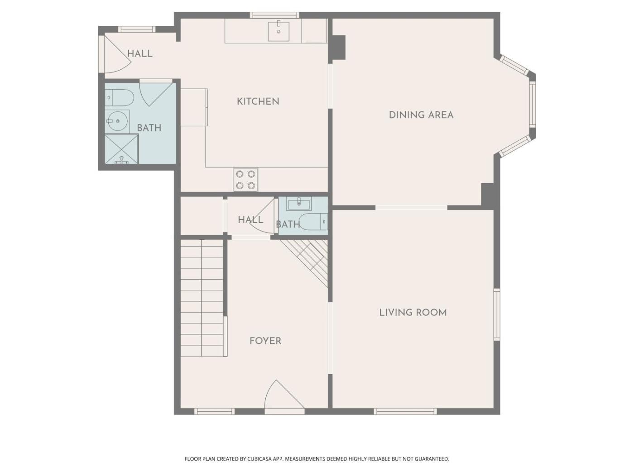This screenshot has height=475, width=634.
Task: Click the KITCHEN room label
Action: pyautogui.click(x=258, y=101)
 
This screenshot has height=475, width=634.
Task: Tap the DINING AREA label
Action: pyautogui.click(x=421, y=115)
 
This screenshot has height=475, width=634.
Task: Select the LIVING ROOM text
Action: pyautogui.click(x=413, y=313)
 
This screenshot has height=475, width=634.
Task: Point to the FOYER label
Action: pyautogui.click(x=265, y=341)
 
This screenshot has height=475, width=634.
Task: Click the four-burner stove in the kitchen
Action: pyautogui.click(x=245, y=180)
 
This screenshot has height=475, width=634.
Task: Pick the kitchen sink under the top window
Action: pyautogui.click(x=279, y=31)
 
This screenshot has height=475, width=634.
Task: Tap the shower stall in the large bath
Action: pyautogui.click(x=122, y=149)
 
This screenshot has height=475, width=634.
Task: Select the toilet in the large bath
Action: pyautogui.click(x=119, y=97)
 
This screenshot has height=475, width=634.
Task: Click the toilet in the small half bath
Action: pyautogui.click(x=313, y=222)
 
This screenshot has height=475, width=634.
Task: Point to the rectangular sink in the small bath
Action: pyautogui.click(x=299, y=204)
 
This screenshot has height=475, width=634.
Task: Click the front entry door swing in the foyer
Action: pyautogui.click(x=284, y=394)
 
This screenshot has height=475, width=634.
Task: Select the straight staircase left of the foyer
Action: pyautogui.click(x=202, y=298)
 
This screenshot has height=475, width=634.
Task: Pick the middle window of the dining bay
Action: pyautogui.click(x=532, y=104)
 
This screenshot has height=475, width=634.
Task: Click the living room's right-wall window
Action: pyautogui.click(x=496, y=314)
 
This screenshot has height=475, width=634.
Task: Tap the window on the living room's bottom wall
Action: pyautogui.click(x=405, y=412)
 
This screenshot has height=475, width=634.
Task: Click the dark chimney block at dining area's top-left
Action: pyautogui.click(x=338, y=47)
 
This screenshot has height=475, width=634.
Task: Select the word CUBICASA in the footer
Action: pyautogui.click(x=259, y=459)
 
